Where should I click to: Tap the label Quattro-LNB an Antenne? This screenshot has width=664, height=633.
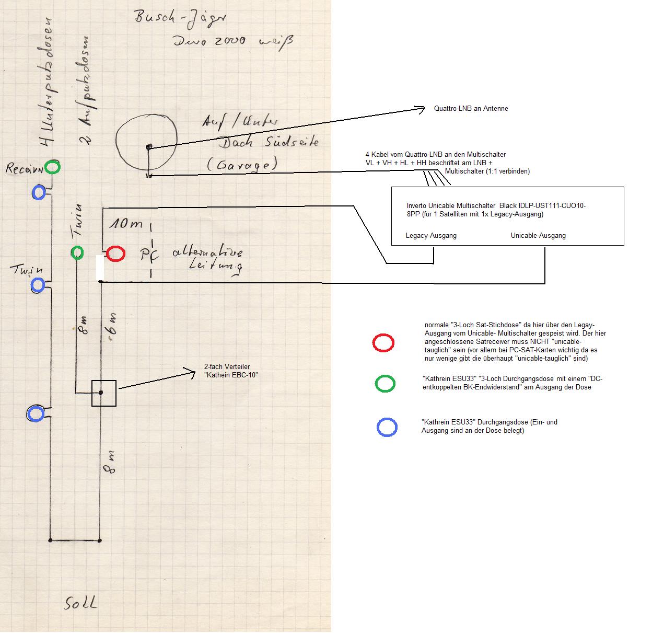pyautogui.click(x=471, y=109)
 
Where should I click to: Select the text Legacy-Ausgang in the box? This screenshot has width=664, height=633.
pyautogui.click(x=431, y=236)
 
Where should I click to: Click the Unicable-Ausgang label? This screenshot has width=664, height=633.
pyautogui.click(x=538, y=236)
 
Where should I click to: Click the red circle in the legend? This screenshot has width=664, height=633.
pyautogui.click(x=383, y=343)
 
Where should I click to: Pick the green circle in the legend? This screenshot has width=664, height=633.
pyautogui.click(x=385, y=384)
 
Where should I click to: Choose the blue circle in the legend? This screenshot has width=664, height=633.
pyautogui.click(x=387, y=427)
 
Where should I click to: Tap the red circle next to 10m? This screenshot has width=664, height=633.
pyautogui.click(x=115, y=254)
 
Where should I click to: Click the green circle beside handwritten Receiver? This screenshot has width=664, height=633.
pyautogui.click(x=52, y=167)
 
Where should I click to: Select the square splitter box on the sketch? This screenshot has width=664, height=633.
pyautogui.click(x=103, y=393)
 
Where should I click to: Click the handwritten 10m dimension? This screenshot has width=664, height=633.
pyautogui.click(x=126, y=224)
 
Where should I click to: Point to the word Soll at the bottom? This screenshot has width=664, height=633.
pyautogui.click(x=81, y=603)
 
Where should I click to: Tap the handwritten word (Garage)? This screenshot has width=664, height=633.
pyautogui.click(x=241, y=165)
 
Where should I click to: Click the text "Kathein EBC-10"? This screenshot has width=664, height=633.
pyautogui.click(x=231, y=375)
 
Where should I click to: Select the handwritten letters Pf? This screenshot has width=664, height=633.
pyautogui.click(x=149, y=255)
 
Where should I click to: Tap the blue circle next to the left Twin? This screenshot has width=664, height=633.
pyautogui.click(x=38, y=285)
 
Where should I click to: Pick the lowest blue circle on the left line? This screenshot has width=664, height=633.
pyautogui.click(x=36, y=414)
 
